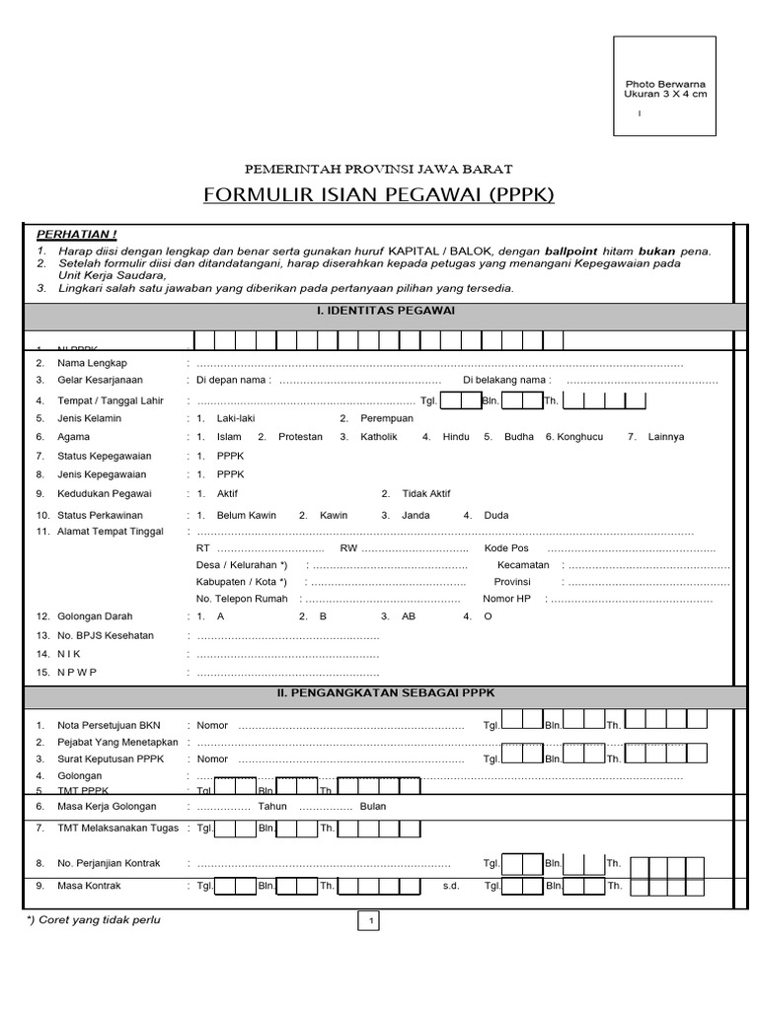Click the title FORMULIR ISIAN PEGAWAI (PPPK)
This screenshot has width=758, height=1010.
(x=379, y=194)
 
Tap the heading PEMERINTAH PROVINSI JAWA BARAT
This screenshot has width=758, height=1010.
(x=379, y=169)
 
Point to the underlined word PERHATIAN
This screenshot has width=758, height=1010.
(x=76, y=234)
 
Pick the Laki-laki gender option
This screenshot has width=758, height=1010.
(x=235, y=418)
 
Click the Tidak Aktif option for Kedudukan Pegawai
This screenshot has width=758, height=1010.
(x=426, y=493)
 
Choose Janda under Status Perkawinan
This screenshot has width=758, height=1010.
(x=417, y=515)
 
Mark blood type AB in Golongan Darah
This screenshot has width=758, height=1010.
(x=409, y=615)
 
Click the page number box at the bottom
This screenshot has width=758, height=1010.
(x=369, y=921)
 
